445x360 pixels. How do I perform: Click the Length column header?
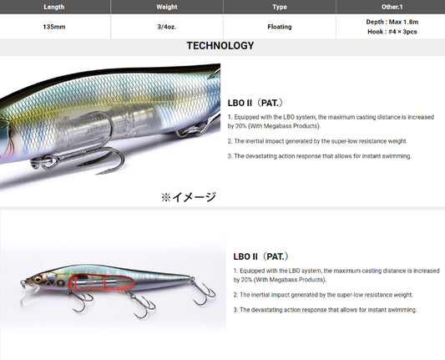pyautogui.click(x=54, y=7)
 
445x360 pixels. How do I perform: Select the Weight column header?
pyautogui.click(x=167, y=7)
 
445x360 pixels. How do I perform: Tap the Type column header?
pyautogui.click(x=280, y=7)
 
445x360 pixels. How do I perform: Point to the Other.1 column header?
pyautogui.click(x=392, y=7)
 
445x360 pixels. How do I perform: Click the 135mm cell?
pyautogui.click(x=54, y=27)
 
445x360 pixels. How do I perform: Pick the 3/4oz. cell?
pyautogui.click(x=167, y=27)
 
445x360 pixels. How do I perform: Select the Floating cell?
pyautogui.click(x=280, y=27)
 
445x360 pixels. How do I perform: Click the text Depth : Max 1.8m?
pyautogui.click(x=392, y=22)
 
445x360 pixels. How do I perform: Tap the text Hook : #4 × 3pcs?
pyautogui.click(x=392, y=32)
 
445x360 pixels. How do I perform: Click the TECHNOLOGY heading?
pyautogui.click(x=220, y=46)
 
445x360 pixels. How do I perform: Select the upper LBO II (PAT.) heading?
pyautogui.click(x=255, y=103)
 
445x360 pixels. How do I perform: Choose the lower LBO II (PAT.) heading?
pyautogui.click(x=260, y=256)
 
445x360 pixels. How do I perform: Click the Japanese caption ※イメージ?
pyautogui.click(x=189, y=197)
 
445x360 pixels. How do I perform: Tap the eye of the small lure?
pyautogui.click(x=38, y=279)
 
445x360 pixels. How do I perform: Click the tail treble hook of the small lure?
pyautogui.click(x=202, y=292)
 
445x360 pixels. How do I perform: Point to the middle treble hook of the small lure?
pyautogui.click(x=141, y=304)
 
